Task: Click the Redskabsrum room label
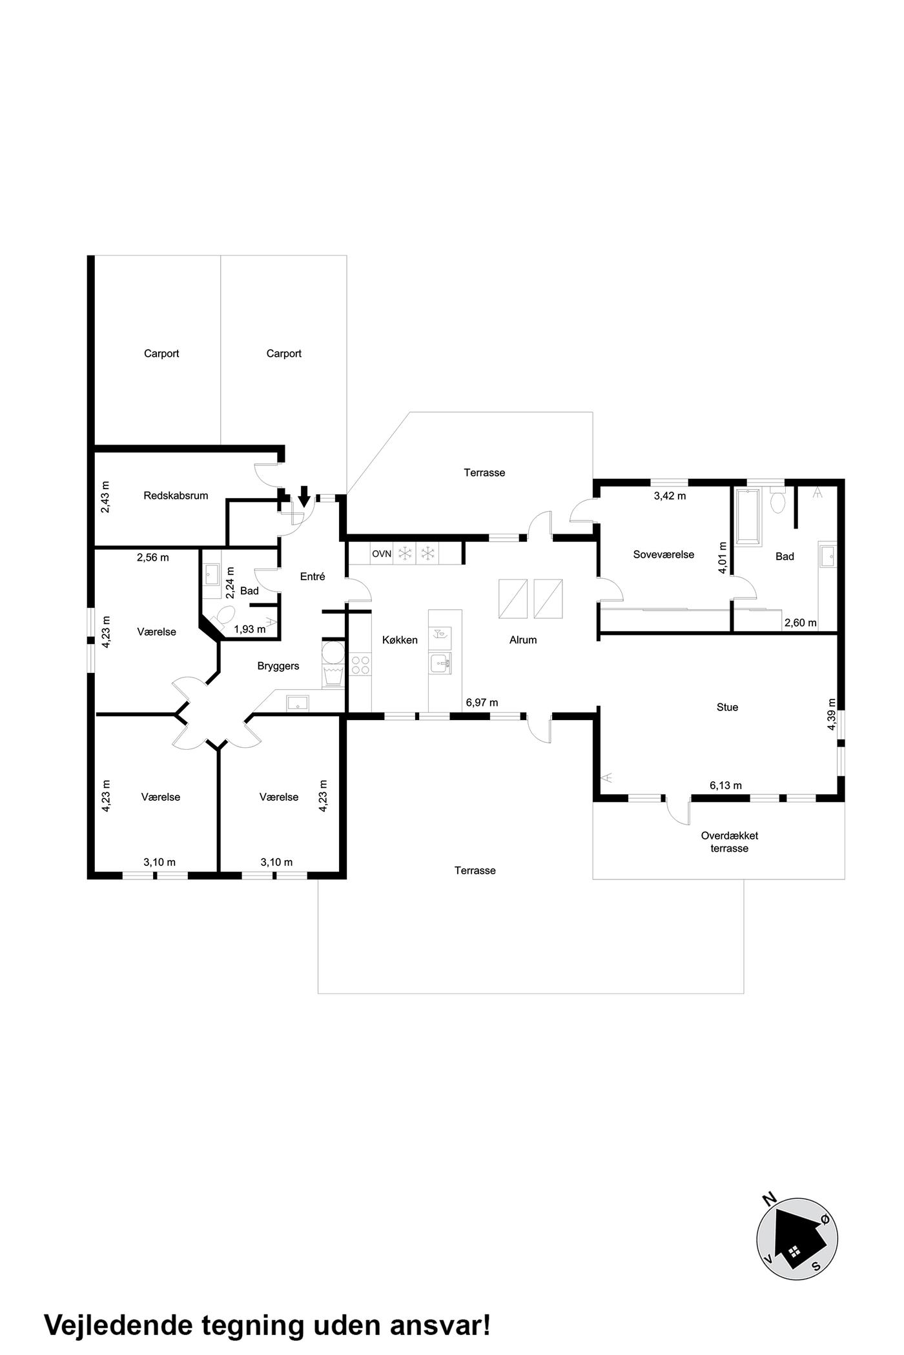pos(176,496)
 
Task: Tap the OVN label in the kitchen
pos(382,554)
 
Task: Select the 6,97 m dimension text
pos(482,702)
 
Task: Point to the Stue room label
pos(727,707)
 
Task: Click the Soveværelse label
pos(664,554)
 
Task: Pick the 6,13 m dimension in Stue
pos(726,785)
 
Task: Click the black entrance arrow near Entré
pos(304,496)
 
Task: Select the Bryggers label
pos(278,666)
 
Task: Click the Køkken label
pos(400,640)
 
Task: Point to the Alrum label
pos(523,640)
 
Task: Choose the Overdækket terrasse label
pos(730,842)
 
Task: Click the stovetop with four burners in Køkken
pos(360,665)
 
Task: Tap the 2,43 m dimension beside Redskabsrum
pos(106,497)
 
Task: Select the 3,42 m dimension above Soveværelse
pos(670,496)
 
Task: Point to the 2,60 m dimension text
pos(800,623)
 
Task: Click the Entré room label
pos(313,577)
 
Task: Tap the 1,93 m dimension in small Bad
pos(249,629)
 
